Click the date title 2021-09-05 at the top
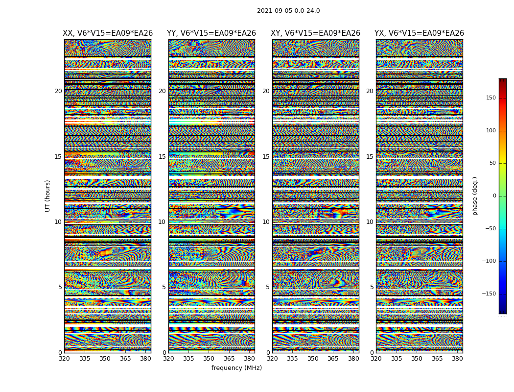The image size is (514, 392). (288, 11)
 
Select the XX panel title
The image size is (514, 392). (108, 33)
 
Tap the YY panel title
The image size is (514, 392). (211, 33)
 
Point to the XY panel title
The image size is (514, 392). (316, 33)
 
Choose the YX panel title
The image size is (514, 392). (419, 33)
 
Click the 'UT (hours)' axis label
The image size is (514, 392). (48, 196)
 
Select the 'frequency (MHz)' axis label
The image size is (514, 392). (236, 368)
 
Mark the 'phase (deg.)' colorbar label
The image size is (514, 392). (475, 196)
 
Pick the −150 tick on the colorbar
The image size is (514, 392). (489, 294)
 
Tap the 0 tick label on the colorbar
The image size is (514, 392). (494, 196)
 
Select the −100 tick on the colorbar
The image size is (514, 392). (489, 261)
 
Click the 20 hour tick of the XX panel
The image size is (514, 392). (58, 91)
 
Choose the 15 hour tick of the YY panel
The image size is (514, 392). (162, 157)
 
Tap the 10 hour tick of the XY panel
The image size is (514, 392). (266, 222)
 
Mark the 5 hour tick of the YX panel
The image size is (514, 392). (372, 287)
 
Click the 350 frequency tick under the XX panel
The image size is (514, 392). (105, 359)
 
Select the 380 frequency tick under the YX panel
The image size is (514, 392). (457, 359)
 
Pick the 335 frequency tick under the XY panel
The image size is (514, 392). (292, 359)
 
